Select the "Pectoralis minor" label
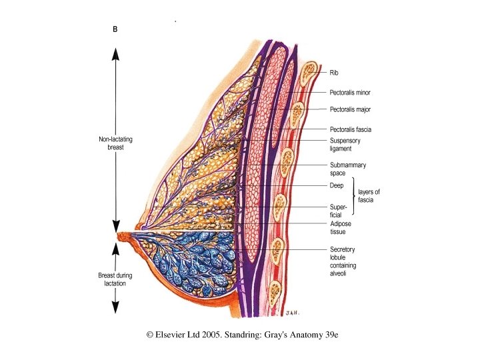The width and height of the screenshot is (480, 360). point(349,92)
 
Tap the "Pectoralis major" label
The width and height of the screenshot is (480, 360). point(349,109)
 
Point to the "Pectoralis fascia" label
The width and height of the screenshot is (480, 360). point(350,129)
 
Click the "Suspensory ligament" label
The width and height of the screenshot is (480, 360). point(345,145)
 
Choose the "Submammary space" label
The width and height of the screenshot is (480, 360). point(347,169)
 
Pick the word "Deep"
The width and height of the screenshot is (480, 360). point(337,185)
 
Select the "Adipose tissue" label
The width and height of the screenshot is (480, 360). point(341,228)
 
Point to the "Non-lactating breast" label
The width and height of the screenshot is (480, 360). point(115,143)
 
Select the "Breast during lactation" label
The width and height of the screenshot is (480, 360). point(115,279)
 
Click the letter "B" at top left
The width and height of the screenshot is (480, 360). point(114,29)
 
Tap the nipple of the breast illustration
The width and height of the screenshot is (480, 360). point(121,236)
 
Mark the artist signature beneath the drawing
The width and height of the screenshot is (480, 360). point(290,311)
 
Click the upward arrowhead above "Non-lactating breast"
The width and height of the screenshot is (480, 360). point(115,55)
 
